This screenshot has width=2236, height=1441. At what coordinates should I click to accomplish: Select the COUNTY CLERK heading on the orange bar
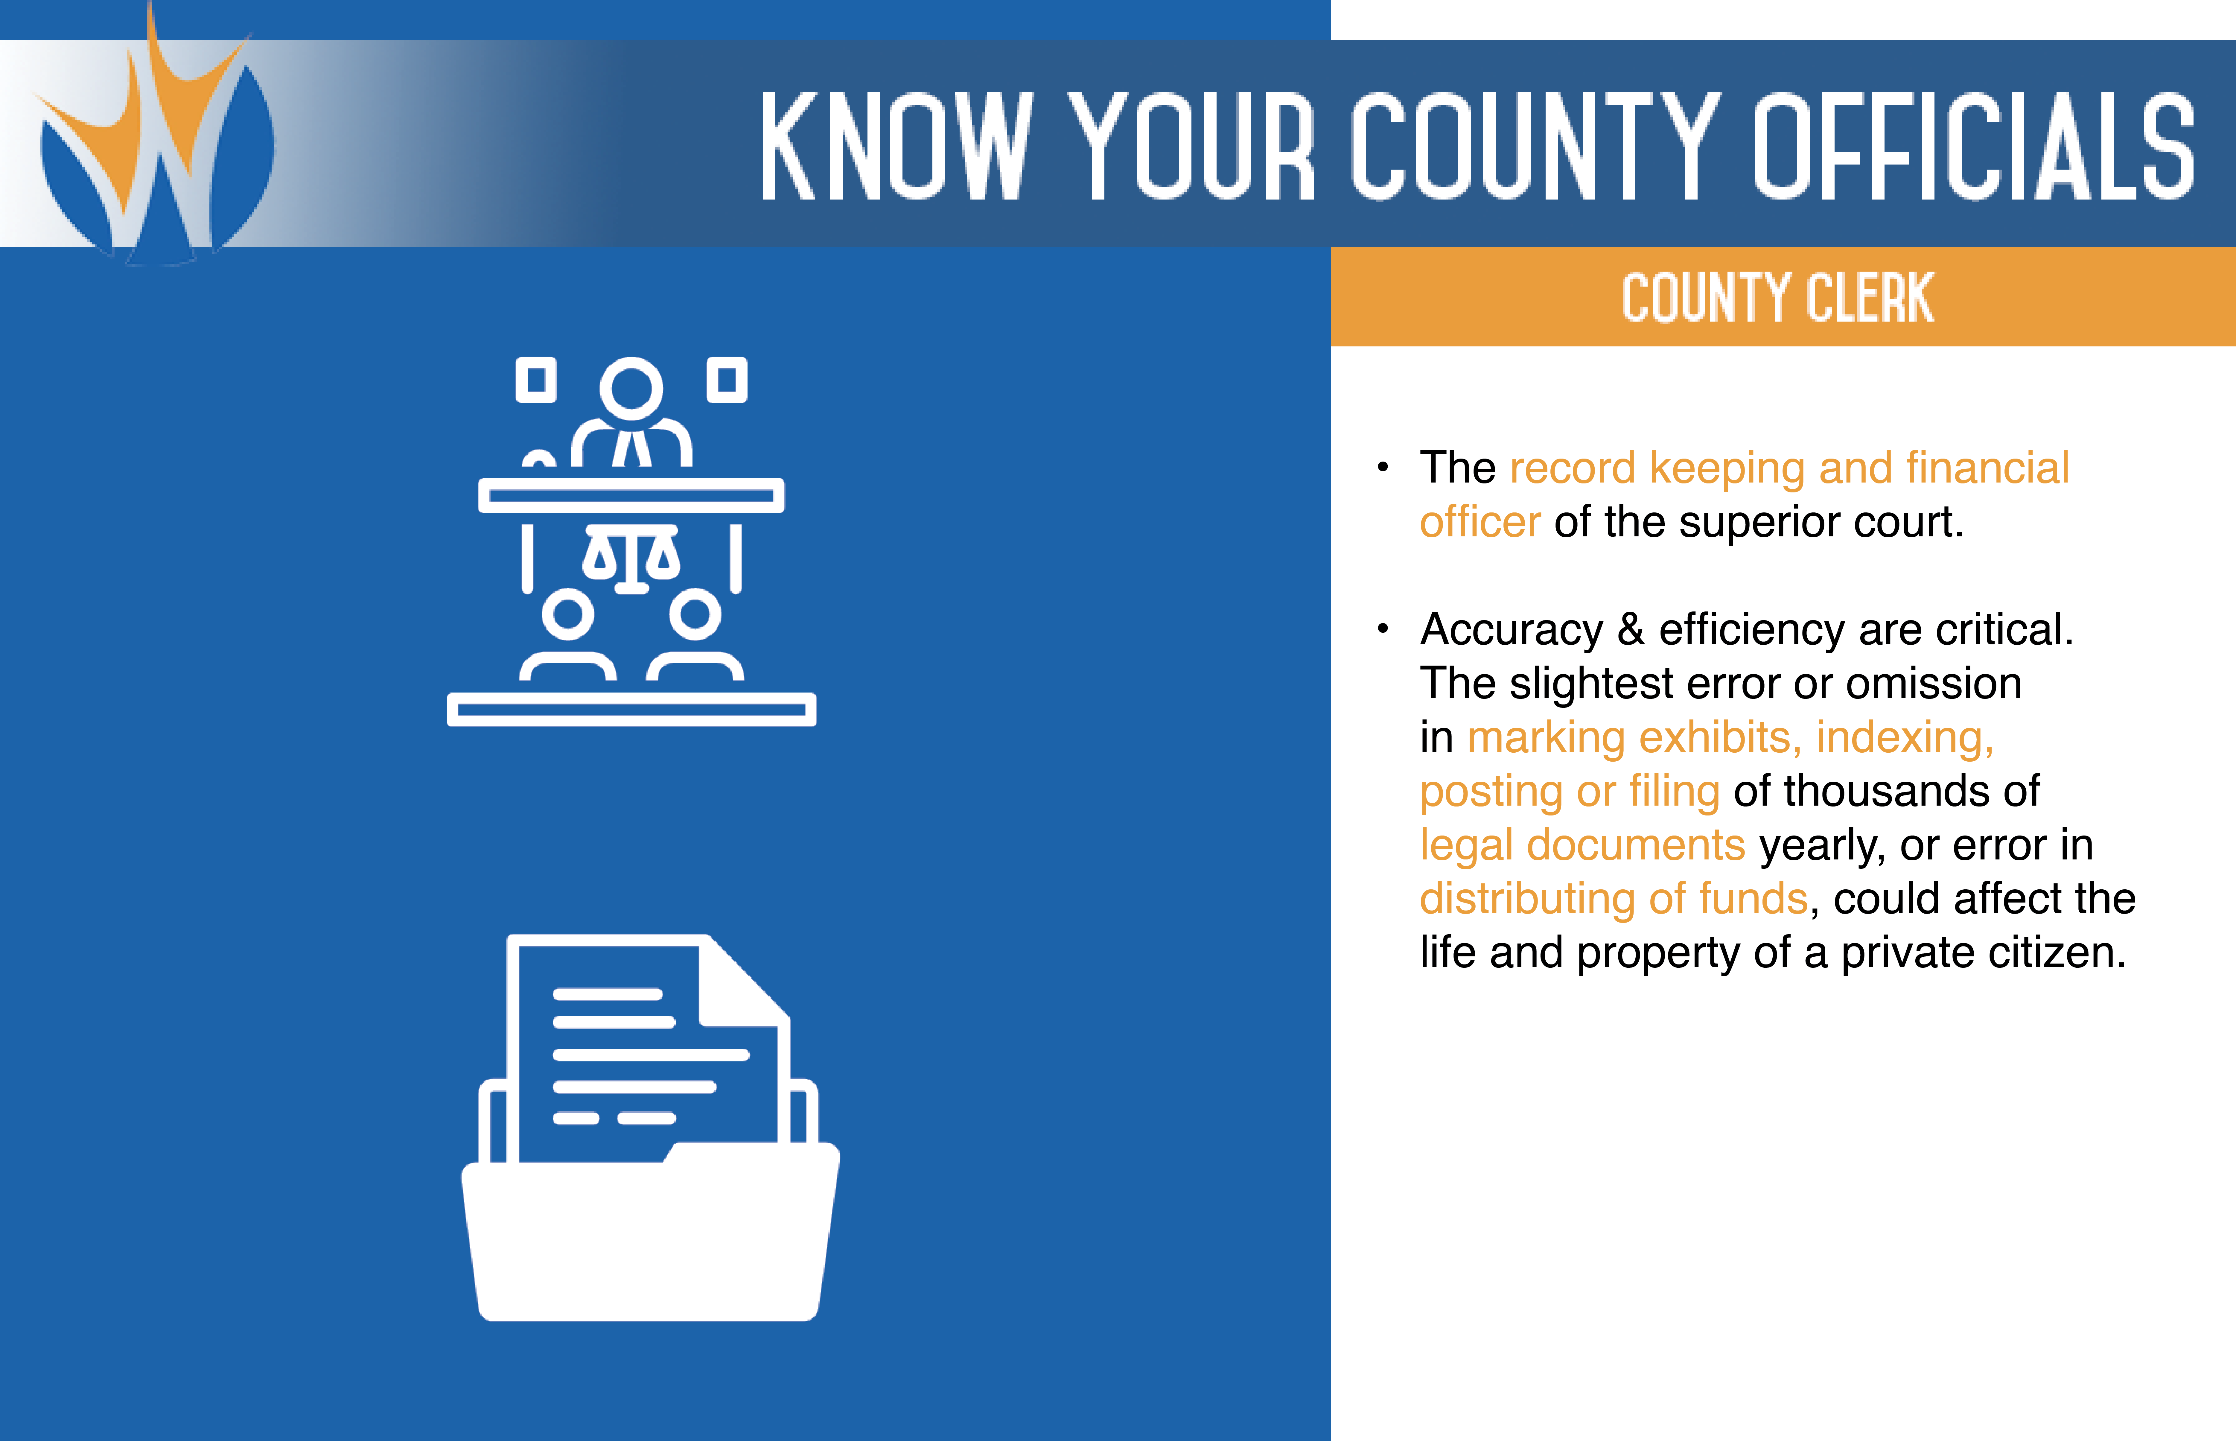1777,298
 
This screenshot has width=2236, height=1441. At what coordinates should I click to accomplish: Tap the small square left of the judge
536,380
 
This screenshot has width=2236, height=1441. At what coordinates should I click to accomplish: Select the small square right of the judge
727,380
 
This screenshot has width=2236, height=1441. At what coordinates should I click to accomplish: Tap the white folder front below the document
650,1235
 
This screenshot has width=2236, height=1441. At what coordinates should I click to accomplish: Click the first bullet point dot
1383,467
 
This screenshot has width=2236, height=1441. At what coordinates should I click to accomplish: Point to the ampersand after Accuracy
1631,629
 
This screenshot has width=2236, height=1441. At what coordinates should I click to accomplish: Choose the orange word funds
1753,898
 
